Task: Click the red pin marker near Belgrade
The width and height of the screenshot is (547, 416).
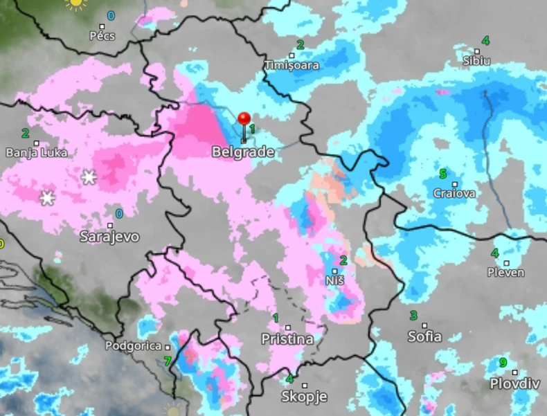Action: click(x=244, y=119)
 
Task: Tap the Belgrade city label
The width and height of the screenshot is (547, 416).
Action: click(x=242, y=152)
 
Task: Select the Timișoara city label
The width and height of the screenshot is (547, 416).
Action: click(x=292, y=65)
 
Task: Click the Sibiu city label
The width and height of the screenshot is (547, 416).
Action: click(x=476, y=61)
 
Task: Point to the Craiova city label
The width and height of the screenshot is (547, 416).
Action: click(x=454, y=193)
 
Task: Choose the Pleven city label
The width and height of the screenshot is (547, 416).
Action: click(x=505, y=273)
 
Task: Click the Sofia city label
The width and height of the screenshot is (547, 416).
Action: click(x=424, y=337)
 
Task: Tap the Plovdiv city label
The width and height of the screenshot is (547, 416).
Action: click(x=514, y=383)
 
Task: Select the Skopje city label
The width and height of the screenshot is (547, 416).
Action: click(x=304, y=397)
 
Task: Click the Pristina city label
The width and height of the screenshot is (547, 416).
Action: click(x=287, y=339)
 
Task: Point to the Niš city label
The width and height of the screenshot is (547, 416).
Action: click(x=334, y=281)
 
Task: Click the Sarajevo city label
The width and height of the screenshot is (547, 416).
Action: click(x=109, y=237)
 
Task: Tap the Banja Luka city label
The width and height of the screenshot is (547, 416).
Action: click(x=35, y=153)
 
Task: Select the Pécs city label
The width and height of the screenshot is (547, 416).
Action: click(x=102, y=35)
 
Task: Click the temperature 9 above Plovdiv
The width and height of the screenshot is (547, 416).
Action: click(x=503, y=363)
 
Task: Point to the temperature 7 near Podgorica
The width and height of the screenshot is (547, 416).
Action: click(x=167, y=361)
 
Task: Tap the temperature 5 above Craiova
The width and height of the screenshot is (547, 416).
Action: click(x=442, y=174)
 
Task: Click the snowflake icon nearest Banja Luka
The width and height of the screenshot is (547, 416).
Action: click(x=89, y=177)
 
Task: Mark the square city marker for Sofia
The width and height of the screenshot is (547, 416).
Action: click(x=424, y=325)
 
